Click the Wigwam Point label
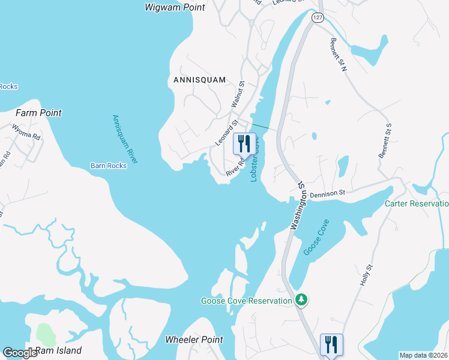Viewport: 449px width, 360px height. coord(175,8)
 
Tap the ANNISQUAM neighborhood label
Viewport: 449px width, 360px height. coord(199,80)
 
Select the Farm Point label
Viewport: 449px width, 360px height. coord(38,113)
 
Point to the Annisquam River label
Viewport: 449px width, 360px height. coord(125,139)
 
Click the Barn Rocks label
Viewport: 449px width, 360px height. coord(109,166)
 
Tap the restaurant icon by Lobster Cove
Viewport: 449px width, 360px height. coord(244,143)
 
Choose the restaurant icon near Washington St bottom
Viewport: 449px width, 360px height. coord(331,344)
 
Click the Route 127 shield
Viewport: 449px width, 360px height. coord(318,18)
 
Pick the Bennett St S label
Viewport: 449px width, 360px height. coord(385,141)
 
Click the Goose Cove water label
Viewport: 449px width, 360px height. coord(316,237)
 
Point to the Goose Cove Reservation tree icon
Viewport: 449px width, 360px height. coord(303,299)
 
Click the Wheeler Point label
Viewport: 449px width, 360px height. coord(194,340)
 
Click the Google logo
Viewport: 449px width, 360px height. coord(20,353)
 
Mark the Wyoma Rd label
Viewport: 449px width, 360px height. coord(26,132)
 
